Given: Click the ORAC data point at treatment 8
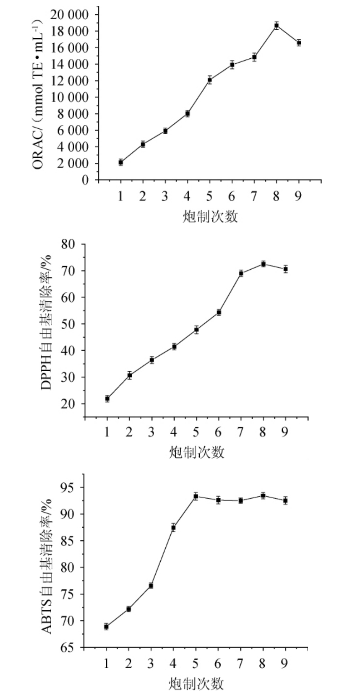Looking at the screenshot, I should click(x=277, y=26).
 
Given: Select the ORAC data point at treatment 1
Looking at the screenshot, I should click(x=121, y=162).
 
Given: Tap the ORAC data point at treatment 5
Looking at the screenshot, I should click(x=210, y=80).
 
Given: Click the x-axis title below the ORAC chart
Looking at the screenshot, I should click(x=210, y=216).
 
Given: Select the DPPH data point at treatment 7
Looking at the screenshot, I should click(x=241, y=273).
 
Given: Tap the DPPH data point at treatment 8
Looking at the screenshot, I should click(x=263, y=264).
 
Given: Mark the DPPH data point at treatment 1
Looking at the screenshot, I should click(x=107, y=398).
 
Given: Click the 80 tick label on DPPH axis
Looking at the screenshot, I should click(x=68, y=244).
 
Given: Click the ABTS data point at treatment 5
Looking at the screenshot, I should click(x=196, y=496).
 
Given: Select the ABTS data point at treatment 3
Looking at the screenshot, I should click(x=151, y=585).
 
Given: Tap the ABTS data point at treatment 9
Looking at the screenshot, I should click(x=286, y=500).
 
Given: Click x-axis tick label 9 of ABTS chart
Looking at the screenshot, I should click(x=285, y=663).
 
